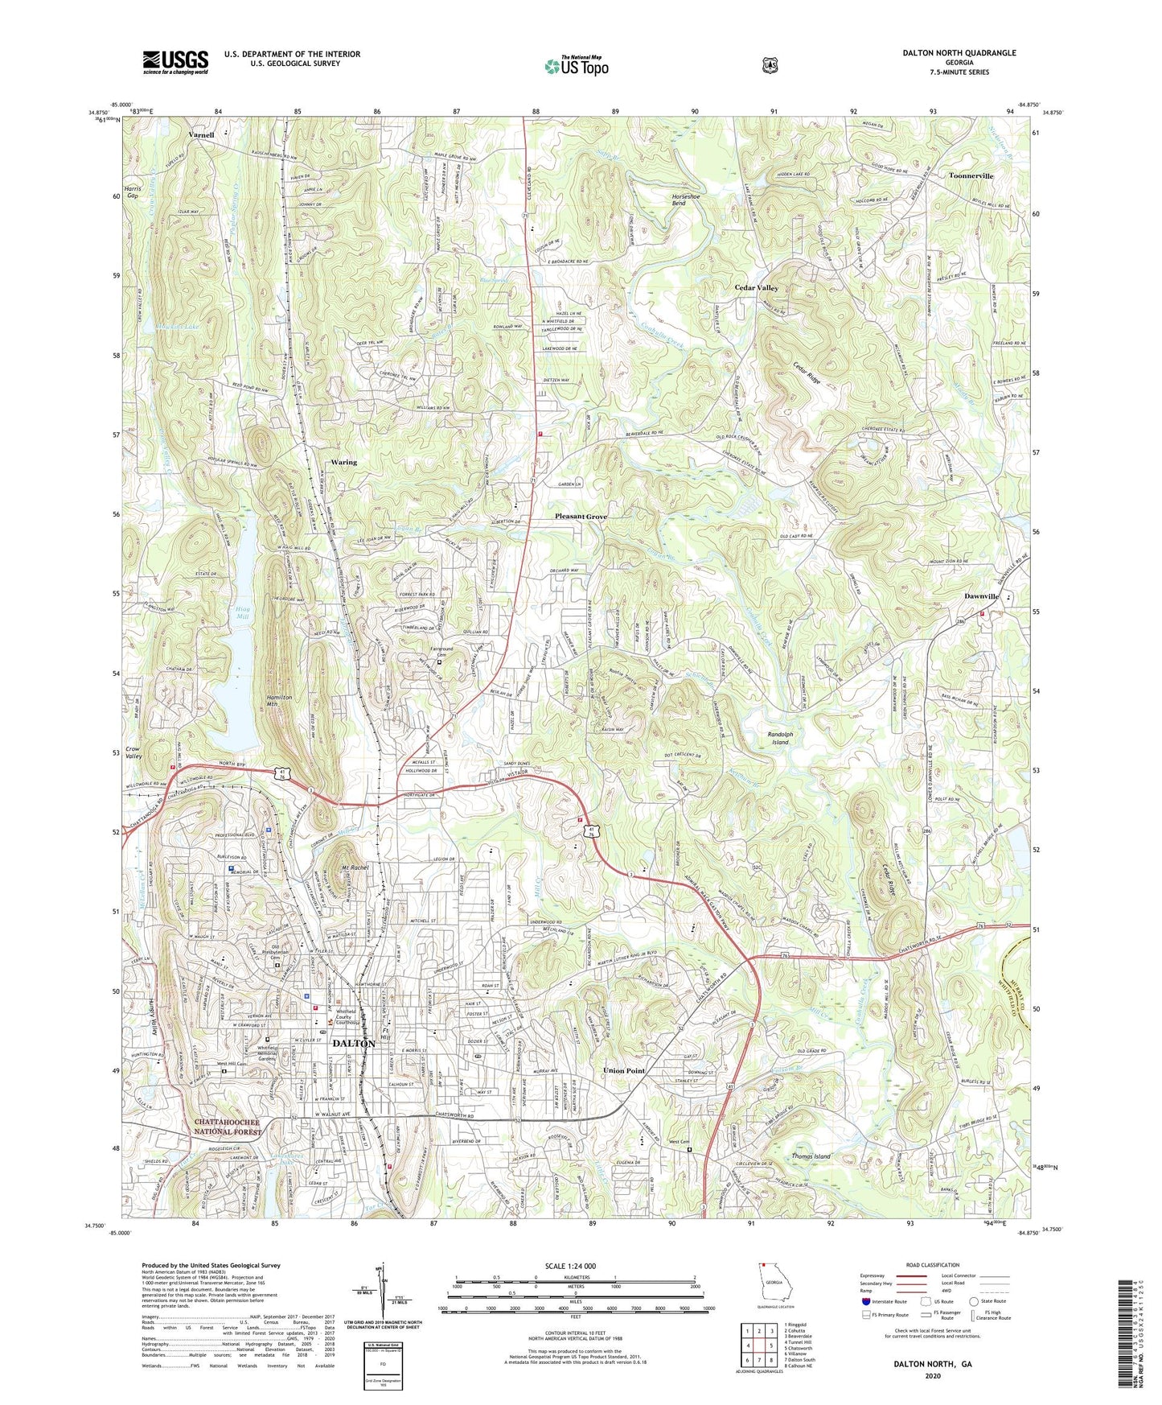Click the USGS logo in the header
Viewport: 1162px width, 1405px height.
point(175,61)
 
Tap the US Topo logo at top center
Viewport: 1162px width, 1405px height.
point(575,66)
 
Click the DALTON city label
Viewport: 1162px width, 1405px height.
point(353,1043)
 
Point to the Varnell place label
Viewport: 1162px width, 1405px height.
point(202,135)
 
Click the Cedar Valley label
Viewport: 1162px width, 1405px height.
point(756,287)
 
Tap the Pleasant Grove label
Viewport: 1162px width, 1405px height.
point(581,517)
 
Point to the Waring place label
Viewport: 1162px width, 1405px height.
point(343,463)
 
